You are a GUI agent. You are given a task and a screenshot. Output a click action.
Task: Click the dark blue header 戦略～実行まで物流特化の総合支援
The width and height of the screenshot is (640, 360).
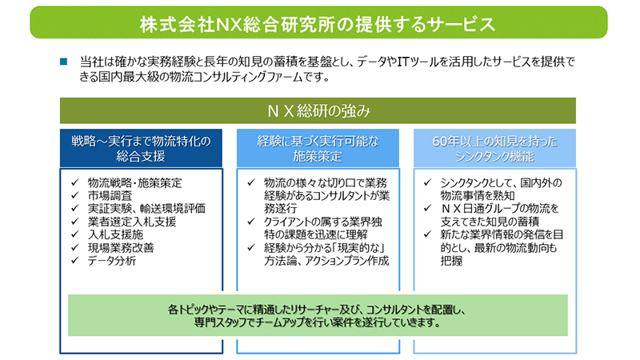(x=141, y=148)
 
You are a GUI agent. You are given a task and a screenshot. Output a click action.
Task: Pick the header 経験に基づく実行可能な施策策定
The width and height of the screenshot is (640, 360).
(x=318, y=148)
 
